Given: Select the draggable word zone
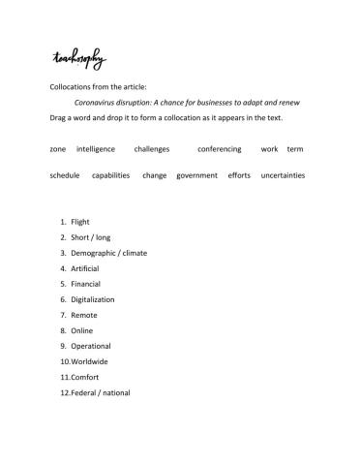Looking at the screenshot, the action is [x=57, y=149].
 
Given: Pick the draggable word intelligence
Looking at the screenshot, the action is [x=96, y=149].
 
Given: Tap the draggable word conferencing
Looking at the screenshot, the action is [x=220, y=149].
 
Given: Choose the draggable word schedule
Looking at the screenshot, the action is [x=64, y=175].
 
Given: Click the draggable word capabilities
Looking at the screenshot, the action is [x=110, y=175].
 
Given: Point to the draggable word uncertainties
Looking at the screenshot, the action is [x=283, y=175].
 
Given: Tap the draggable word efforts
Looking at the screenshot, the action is [x=239, y=175].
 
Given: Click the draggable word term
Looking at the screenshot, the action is [x=295, y=149].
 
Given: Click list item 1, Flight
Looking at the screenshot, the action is [x=80, y=222].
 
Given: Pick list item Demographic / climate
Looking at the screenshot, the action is [x=109, y=253].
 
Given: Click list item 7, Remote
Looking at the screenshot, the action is [x=84, y=315].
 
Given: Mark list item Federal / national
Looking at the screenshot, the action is [x=101, y=392].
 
